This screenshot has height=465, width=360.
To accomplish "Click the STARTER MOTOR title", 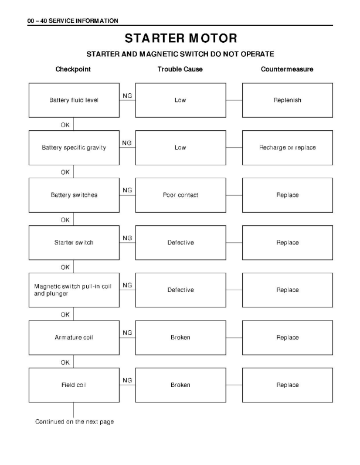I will point(180,39).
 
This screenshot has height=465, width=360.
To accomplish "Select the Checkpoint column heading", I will point(73,69).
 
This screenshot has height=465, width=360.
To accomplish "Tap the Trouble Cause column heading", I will point(180,69).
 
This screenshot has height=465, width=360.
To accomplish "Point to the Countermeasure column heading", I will point(287,69).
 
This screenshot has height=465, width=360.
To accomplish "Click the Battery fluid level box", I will point(74,100).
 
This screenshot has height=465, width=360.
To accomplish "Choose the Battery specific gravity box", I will point(74,148).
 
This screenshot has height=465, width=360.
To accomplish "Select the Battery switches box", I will point(74,195).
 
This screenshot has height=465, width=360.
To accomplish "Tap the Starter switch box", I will point(74,243).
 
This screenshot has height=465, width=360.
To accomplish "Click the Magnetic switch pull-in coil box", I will point(74,290).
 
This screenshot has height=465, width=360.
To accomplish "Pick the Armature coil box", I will point(74,338).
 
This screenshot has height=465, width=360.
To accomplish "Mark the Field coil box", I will point(74,385).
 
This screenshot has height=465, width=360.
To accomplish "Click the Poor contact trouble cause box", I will point(180,195).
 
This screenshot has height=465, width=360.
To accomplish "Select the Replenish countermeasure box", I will point(287,100).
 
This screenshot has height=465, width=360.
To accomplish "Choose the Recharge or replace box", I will point(287,148).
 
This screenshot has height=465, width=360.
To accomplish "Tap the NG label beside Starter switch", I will point(127,237).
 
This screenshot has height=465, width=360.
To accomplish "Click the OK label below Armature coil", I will point(65,362).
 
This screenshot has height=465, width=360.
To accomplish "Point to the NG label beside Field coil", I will point(127,380).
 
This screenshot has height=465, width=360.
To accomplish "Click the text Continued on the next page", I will point(74,422).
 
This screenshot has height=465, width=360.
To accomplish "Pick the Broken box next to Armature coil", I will point(180,338).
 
